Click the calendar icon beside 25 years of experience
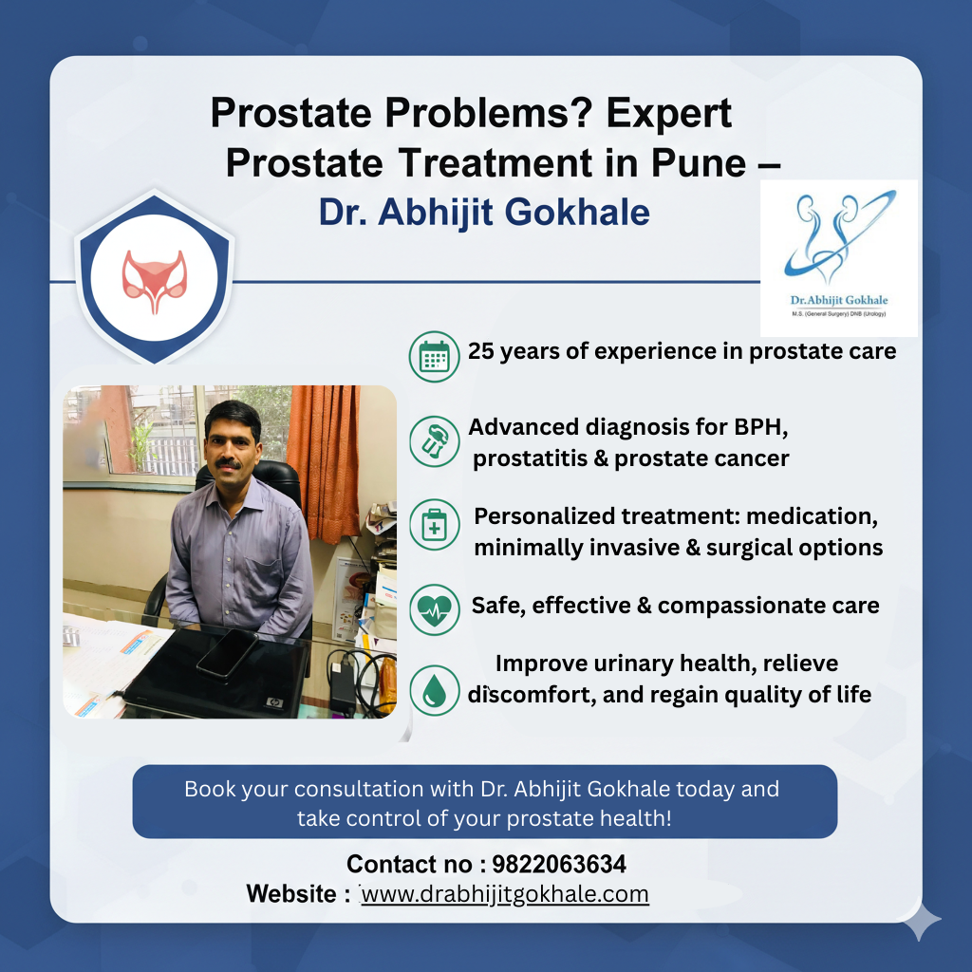434,357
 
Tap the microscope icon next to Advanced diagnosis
434,441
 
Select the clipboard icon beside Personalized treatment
434,524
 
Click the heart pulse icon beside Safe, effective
434,609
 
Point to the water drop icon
434,691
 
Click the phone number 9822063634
559,864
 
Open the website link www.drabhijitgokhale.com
505,894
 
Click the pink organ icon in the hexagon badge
155,281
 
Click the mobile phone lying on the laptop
227,653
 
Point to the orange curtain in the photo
325,462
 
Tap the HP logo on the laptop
274,702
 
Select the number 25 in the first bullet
481,351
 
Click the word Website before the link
291,894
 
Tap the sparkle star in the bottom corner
921,920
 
